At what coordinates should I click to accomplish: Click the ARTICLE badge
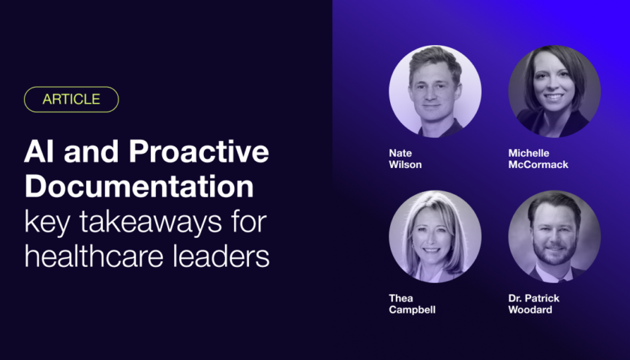[x=71, y=99]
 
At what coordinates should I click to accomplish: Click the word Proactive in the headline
[x=199, y=151]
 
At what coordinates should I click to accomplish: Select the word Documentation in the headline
[x=139, y=187]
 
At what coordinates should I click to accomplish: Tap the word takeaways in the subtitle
[x=150, y=222]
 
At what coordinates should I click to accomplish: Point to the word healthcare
[x=94, y=256]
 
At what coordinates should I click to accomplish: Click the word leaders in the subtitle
[x=221, y=256]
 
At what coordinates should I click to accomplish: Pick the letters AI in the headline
[x=39, y=151]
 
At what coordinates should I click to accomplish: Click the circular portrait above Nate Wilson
[x=435, y=91]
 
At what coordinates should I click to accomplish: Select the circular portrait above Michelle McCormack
[x=554, y=91]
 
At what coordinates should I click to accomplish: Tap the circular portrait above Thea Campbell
[x=435, y=236]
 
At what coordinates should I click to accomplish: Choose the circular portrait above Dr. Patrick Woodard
[x=554, y=236]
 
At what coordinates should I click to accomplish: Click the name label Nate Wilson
[x=405, y=159]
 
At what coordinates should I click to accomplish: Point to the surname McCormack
[x=538, y=165]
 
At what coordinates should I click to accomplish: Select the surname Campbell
[x=412, y=310]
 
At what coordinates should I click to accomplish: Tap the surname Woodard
[x=530, y=310]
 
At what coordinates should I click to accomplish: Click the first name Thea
[x=401, y=298]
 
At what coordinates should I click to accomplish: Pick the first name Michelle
[x=529, y=153]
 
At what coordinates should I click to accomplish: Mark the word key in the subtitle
[x=47, y=222]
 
